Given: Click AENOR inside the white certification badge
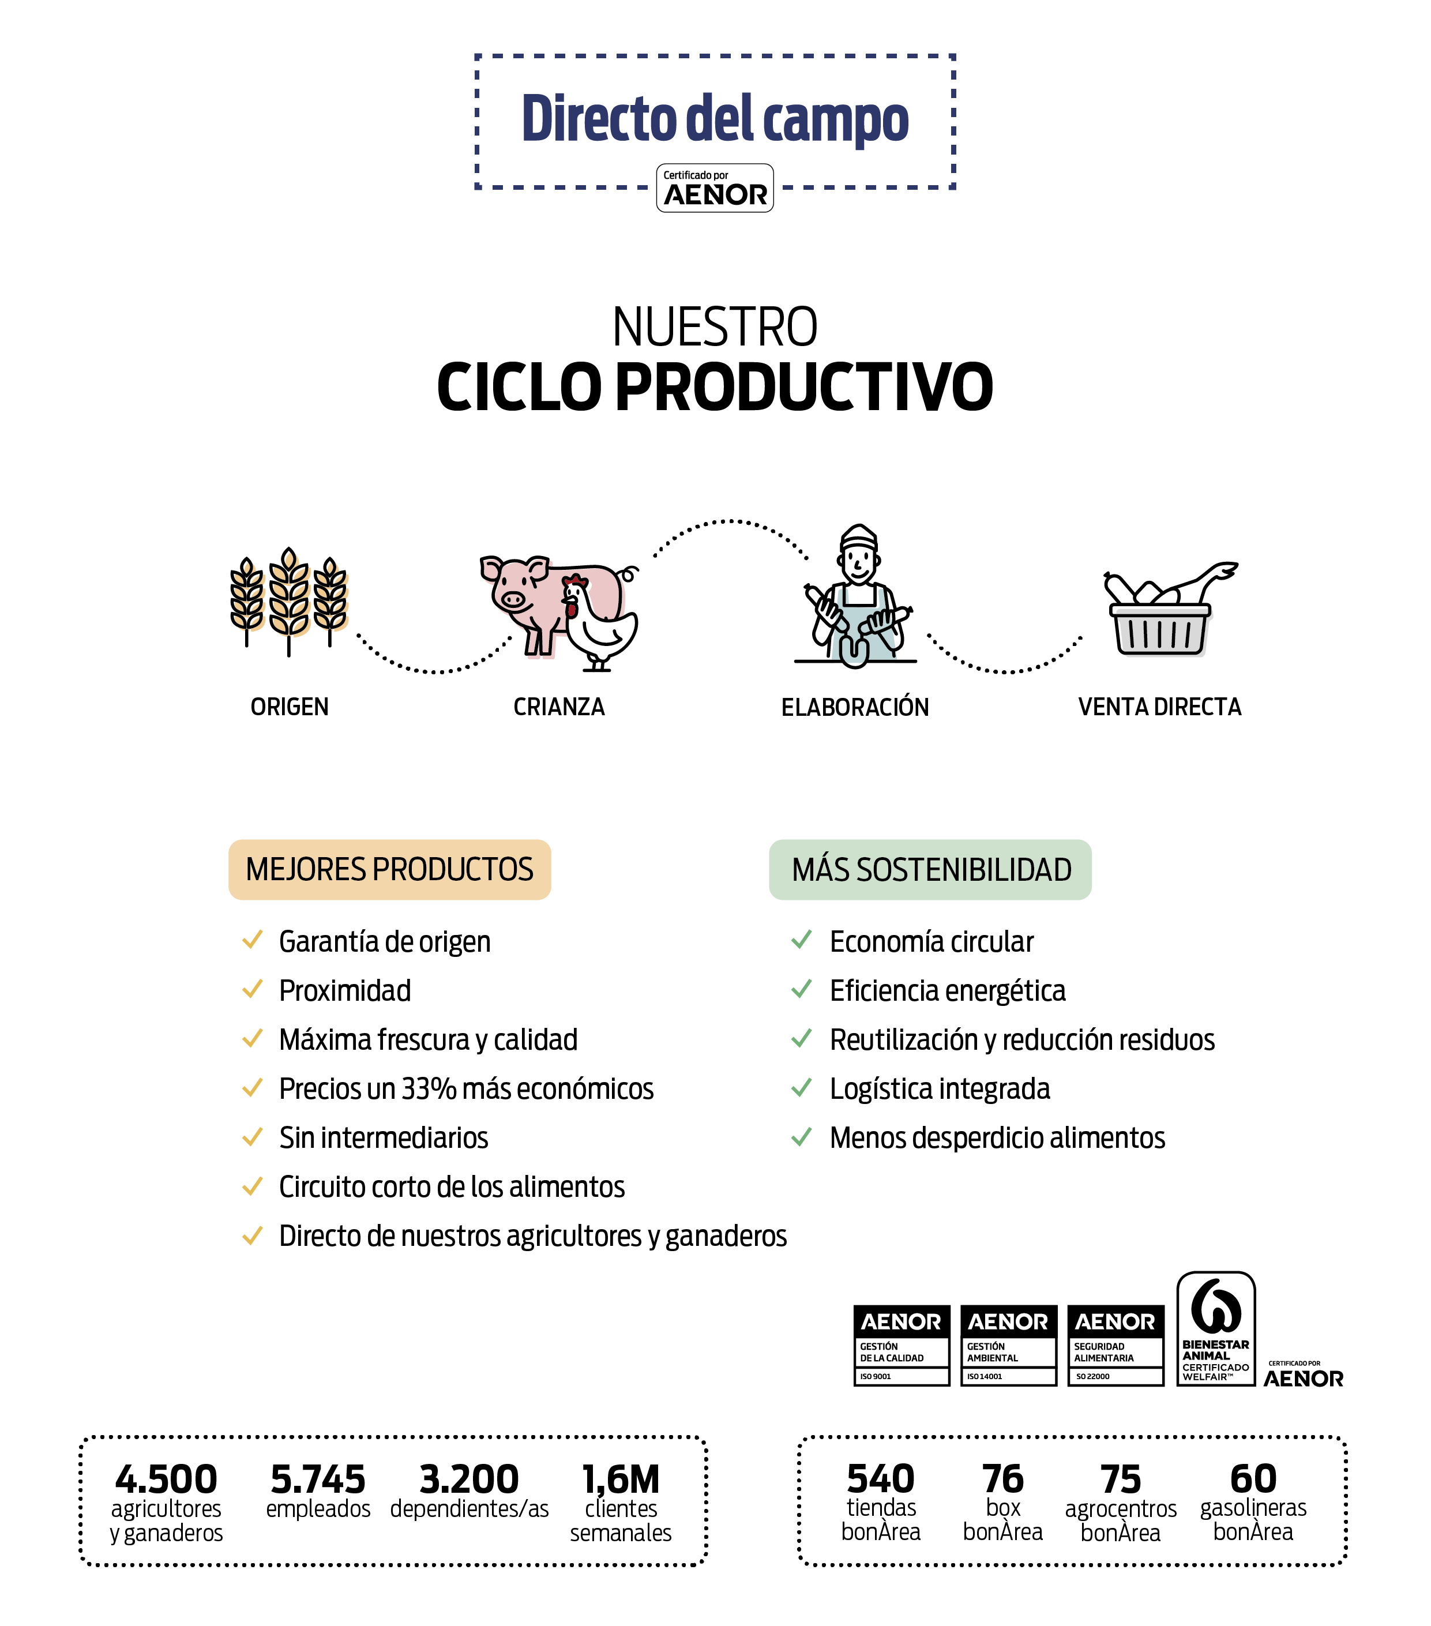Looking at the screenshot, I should coord(716,195).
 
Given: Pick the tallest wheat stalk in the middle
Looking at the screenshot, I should coord(292,595).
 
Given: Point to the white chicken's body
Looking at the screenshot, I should coord(606,632).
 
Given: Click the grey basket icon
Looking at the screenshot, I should coord(1164,632).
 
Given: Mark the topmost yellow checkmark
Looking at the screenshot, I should coord(252,940).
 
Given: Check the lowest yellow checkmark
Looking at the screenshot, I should coord(252,1236).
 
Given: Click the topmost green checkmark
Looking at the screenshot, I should coord(801,940).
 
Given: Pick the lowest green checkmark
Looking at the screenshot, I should coord(801,1137).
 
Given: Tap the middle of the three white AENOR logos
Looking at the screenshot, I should coord(1008,1322).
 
